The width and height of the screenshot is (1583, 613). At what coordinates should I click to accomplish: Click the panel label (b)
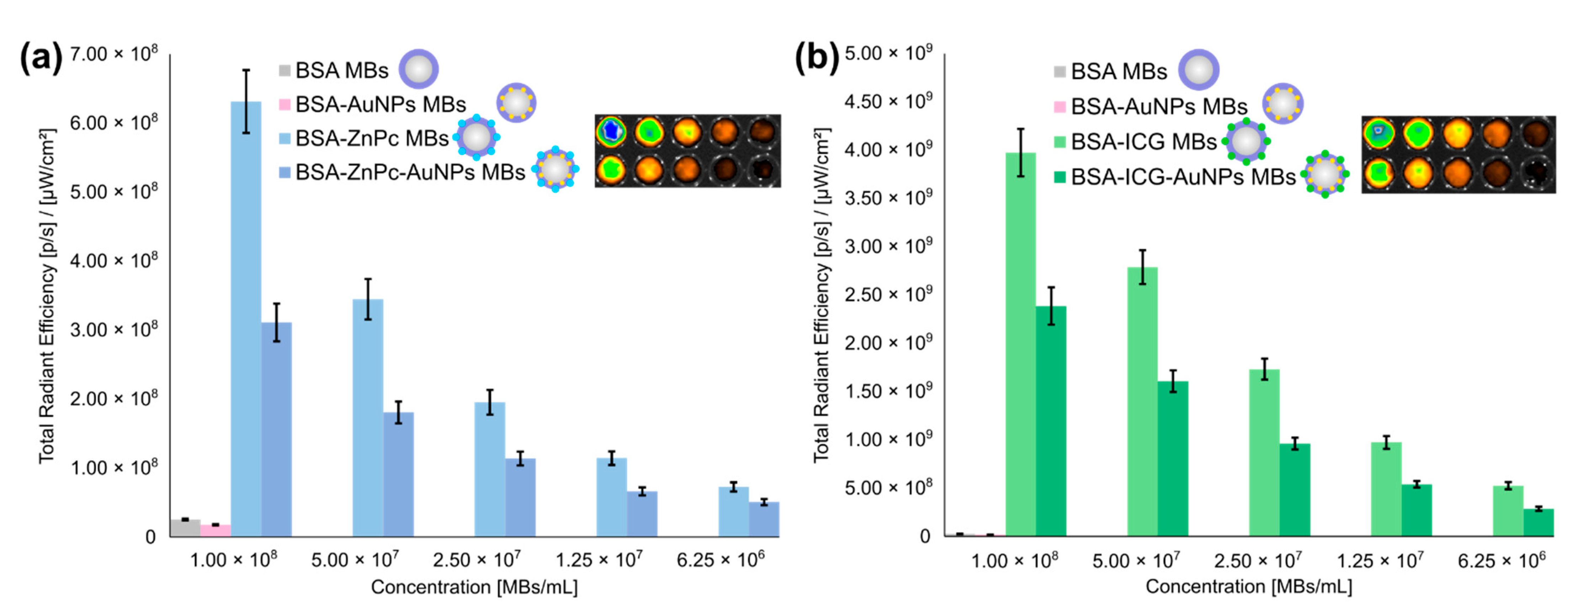click(817, 58)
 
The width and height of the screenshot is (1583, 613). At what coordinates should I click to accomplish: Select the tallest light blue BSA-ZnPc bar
click(246, 319)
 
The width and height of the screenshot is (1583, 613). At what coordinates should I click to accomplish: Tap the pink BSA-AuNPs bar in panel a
click(216, 531)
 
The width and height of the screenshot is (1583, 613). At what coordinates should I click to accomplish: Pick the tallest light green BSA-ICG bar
click(1020, 344)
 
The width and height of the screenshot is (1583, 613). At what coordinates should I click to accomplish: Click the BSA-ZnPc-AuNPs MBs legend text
click(410, 172)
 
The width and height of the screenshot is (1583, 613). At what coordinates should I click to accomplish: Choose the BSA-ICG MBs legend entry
click(1143, 142)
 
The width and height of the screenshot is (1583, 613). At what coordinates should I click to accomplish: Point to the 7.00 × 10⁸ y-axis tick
click(114, 54)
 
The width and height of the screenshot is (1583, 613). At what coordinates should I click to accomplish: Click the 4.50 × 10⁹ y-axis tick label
click(888, 101)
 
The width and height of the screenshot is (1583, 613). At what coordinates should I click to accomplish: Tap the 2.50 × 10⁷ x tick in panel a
click(476, 560)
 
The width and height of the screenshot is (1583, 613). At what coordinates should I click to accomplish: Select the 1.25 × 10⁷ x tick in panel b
click(1380, 560)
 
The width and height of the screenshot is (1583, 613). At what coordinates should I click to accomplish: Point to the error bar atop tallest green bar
click(1020, 152)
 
